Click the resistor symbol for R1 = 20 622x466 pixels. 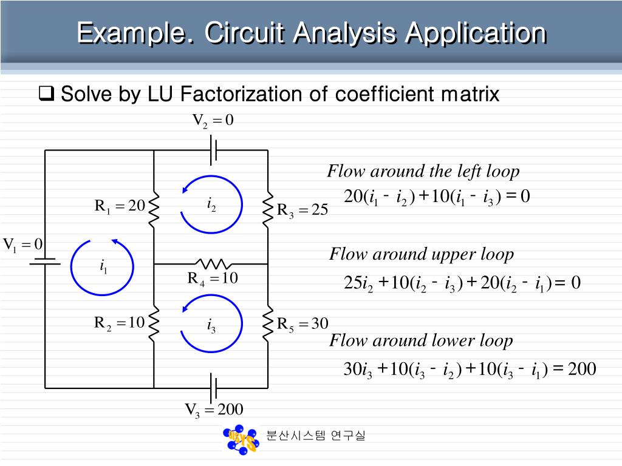154,207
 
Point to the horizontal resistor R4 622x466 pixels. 211,264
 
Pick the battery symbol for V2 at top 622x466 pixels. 213,150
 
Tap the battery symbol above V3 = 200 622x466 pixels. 213,387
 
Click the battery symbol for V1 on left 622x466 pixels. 45,262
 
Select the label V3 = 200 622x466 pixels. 214,411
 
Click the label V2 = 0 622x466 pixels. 213,121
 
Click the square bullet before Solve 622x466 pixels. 47,94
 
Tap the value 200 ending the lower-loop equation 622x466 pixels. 582,369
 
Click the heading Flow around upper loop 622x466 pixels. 421,254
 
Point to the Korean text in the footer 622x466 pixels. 316,436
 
